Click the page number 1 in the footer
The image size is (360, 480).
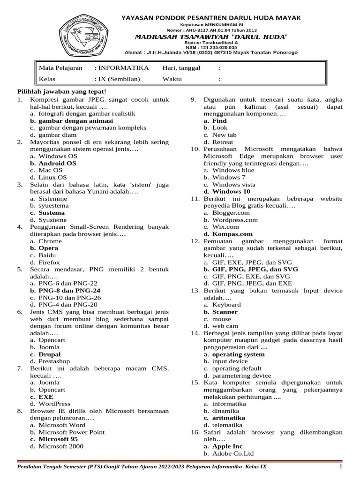click(341, 467)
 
